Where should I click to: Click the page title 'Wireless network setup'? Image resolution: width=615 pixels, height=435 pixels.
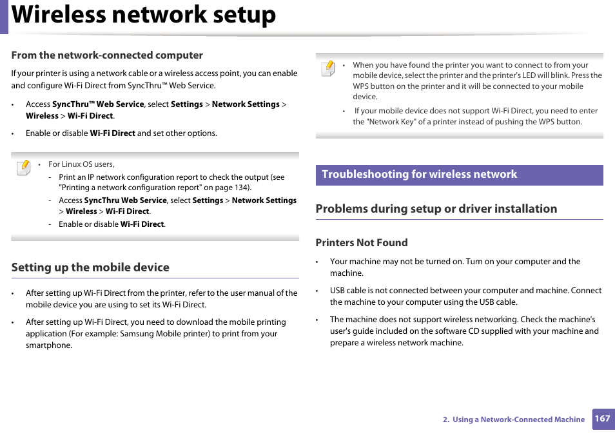tap(144, 15)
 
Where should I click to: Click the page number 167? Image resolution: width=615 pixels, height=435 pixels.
tap(602, 419)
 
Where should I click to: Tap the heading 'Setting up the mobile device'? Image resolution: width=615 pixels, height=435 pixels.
tap(90, 267)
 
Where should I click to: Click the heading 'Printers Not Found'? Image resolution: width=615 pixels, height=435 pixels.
tap(362, 243)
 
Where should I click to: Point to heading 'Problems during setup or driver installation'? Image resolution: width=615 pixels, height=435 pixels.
tap(436, 209)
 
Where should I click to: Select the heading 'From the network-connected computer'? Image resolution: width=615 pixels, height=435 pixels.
tap(107, 55)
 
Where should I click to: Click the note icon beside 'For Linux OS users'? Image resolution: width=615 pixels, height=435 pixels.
tap(23, 168)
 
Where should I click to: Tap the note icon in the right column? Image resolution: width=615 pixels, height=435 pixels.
tap(328, 68)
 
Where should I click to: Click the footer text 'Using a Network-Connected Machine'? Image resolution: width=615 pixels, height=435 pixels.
tap(518, 420)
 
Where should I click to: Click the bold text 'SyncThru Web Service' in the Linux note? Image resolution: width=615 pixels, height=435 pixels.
tap(126, 200)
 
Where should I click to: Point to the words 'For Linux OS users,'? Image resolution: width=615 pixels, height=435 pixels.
tap(81, 164)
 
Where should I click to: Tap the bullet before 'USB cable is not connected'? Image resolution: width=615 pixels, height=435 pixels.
tap(318, 291)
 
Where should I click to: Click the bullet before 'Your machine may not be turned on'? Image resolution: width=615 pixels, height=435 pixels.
tap(318, 262)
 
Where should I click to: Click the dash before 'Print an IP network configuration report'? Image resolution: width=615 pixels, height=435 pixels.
tap(50, 177)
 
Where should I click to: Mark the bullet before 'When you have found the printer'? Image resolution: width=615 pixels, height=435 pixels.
tap(345, 65)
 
